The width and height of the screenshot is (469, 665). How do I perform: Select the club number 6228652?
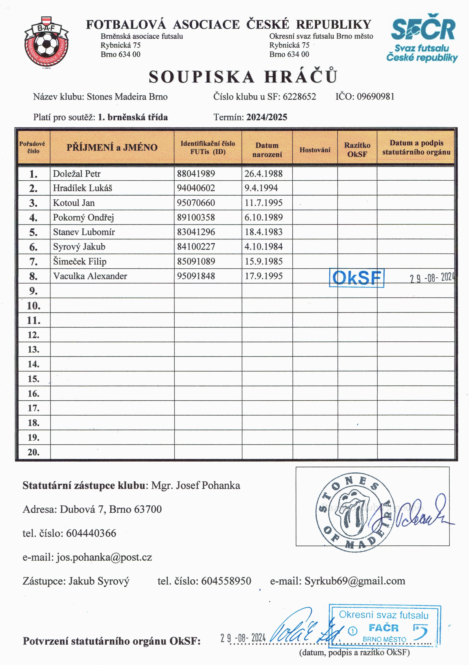(x=299, y=96)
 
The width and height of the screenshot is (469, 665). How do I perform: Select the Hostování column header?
(x=315, y=150)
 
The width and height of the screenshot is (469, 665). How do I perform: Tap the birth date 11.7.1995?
(x=263, y=203)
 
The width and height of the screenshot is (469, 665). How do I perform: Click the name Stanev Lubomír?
(x=84, y=232)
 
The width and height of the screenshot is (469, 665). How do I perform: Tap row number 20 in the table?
(x=34, y=452)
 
